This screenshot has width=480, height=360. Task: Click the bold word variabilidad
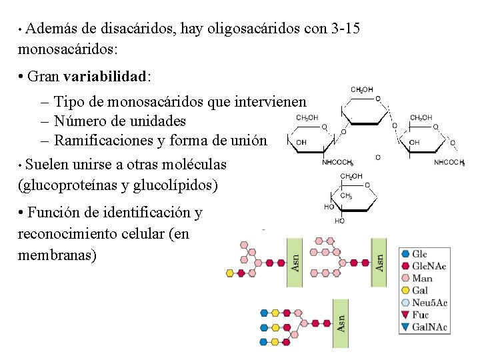click(x=105, y=76)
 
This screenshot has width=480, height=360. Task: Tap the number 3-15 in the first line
click(x=347, y=29)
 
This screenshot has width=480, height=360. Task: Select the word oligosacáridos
click(x=247, y=29)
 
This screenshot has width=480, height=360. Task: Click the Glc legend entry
click(x=419, y=254)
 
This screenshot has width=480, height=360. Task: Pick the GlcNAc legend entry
click(x=429, y=266)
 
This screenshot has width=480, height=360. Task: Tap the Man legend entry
click(x=421, y=278)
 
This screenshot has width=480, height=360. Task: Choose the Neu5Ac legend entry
click(x=429, y=303)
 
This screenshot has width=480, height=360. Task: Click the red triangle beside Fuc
click(x=405, y=315)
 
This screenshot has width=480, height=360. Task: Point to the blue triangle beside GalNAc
click(x=405, y=327)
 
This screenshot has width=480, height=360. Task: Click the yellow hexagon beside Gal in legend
click(x=405, y=290)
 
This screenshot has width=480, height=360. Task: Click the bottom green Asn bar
click(x=341, y=323)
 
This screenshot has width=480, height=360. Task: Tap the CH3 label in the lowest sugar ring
click(x=346, y=196)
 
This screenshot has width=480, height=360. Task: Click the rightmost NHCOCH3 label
click(x=449, y=162)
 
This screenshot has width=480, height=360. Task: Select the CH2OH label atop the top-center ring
click(x=361, y=89)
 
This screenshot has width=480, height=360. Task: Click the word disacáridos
click(x=133, y=29)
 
